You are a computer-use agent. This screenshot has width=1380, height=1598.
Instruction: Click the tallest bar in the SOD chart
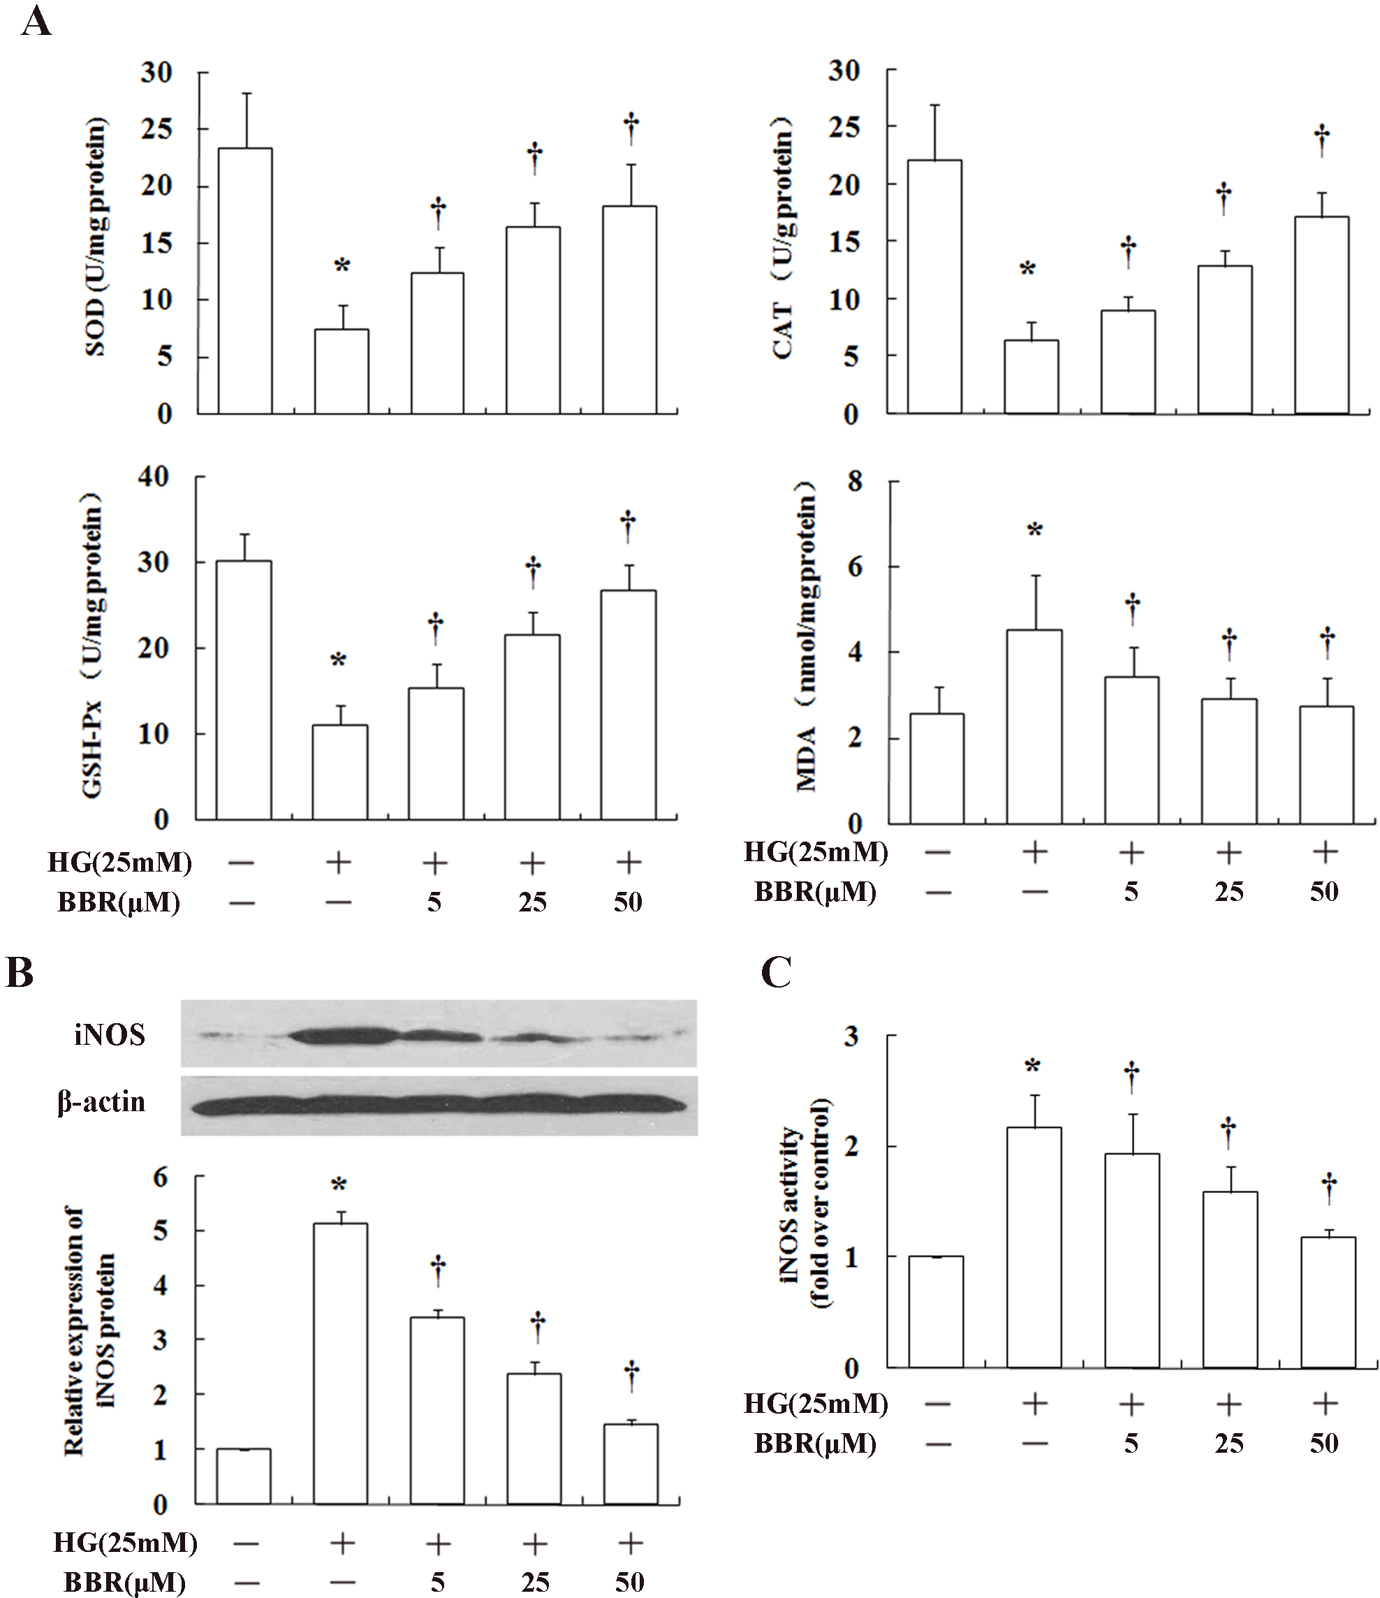(x=244, y=281)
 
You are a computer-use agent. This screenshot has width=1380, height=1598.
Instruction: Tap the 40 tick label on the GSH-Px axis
(x=155, y=478)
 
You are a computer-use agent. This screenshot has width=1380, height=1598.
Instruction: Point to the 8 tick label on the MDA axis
(x=854, y=482)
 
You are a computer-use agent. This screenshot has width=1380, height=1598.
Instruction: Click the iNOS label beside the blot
(x=110, y=1034)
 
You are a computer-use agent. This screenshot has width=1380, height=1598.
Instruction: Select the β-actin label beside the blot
(x=101, y=1101)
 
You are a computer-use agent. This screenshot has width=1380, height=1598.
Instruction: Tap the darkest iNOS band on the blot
(x=339, y=1036)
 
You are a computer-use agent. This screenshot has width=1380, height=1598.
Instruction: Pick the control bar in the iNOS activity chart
(x=936, y=1312)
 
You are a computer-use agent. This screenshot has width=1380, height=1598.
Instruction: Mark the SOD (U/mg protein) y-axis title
(x=96, y=236)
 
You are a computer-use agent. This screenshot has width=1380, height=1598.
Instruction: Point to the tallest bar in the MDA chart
(x=1034, y=726)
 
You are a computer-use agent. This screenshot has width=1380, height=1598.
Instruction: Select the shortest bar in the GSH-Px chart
(x=340, y=772)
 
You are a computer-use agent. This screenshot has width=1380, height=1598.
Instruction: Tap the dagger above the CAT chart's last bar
(x=1322, y=140)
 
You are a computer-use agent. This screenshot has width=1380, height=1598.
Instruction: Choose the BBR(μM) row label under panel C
(x=815, y=1443)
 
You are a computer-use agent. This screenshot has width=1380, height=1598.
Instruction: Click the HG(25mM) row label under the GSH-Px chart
(x=119, y=863)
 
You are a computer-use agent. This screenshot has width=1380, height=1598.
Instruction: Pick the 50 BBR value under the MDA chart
(x=1323, y=892)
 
